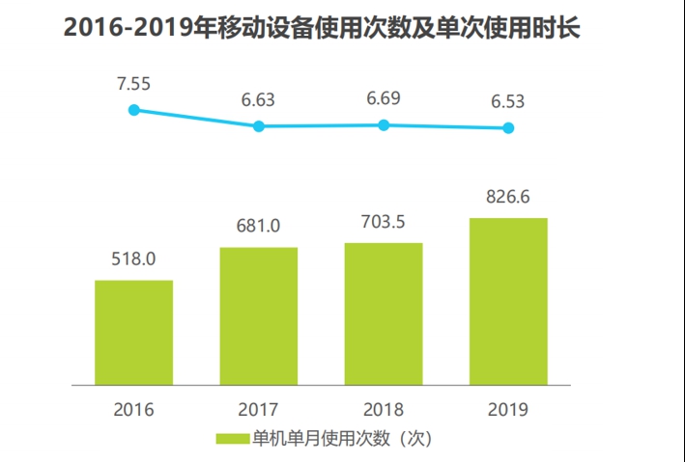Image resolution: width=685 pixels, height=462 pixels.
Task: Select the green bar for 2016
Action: point(133,332)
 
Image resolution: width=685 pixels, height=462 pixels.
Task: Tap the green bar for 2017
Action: point(259,315)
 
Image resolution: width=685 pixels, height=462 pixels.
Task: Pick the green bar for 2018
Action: point(384,313)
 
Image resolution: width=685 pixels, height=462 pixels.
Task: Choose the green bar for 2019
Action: point(508,301)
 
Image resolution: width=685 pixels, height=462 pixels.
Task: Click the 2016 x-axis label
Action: point(133,408)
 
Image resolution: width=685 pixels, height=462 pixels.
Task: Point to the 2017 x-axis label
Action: point(259,408)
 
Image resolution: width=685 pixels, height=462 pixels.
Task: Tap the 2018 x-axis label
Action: point(384,408)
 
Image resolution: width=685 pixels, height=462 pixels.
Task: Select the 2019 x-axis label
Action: point(508,408)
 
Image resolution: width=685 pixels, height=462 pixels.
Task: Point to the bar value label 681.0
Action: point(259,227)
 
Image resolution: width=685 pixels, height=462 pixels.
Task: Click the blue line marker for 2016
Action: point(134,110)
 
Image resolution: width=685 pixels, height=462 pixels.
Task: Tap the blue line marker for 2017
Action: point(259,126)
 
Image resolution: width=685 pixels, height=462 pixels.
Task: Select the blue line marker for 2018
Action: point(384,124)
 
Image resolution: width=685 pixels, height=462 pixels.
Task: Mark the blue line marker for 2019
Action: point(508,128)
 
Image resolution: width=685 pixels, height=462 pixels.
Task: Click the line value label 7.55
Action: point(133,85)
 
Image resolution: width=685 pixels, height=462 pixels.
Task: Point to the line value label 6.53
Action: point(508,100)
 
